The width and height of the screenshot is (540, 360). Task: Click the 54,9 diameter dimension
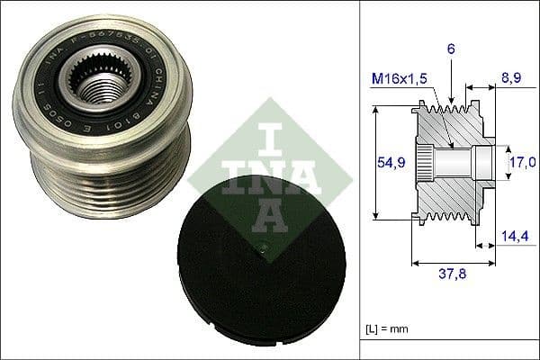click(x=388, y=161)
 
